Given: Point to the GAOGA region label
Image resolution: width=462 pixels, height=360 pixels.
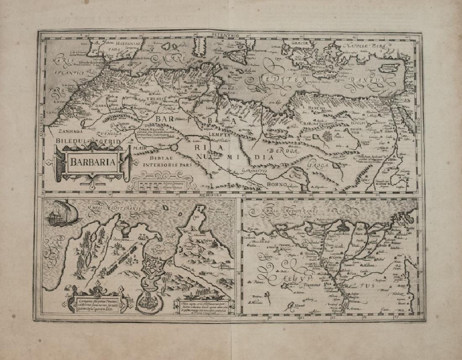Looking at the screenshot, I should pos(319,166).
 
